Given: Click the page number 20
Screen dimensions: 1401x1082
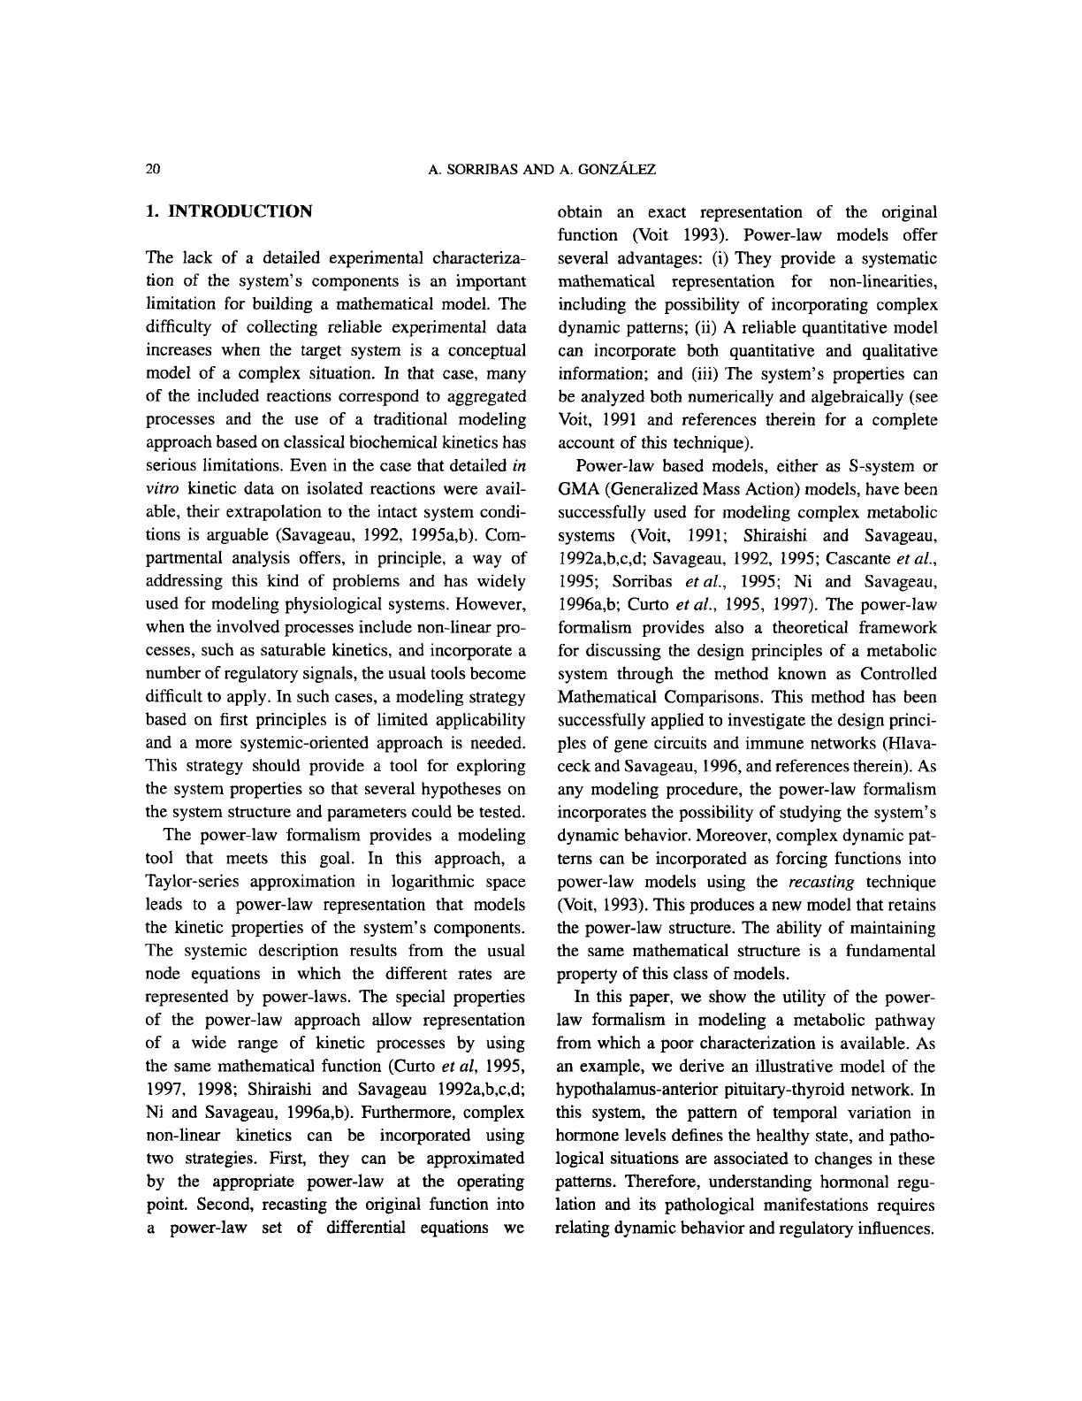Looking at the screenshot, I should click(x=152, y=169).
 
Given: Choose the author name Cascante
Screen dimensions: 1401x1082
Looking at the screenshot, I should click(x=859, y=558).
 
